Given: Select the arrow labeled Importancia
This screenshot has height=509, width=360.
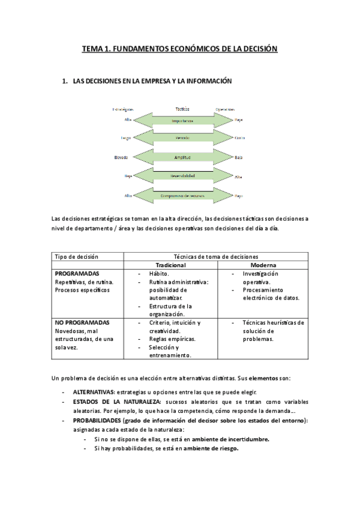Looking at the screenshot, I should pyautogui.click(x=182, y=120).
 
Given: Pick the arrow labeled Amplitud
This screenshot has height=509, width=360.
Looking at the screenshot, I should pyautogui.click(x=182, y=158).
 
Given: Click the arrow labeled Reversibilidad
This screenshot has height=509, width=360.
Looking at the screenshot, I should pyautogui.click(x=182, y=176).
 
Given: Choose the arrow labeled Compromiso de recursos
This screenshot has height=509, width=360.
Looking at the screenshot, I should pyautogui.click(x=182, y=196).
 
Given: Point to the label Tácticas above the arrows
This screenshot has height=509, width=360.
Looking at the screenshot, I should pyautogui.click(x=182, y=109).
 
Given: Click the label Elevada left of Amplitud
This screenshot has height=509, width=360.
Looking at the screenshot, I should pyautogui.click(x=121, y=158).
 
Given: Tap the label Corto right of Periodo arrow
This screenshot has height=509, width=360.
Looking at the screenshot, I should pyautogui.click(x=239, y=139).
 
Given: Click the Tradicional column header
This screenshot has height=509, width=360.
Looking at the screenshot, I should pyautogui.click(x=171, y=265).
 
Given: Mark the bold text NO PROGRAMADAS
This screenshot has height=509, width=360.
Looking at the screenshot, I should pyautogui.click(x=82, y=323).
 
